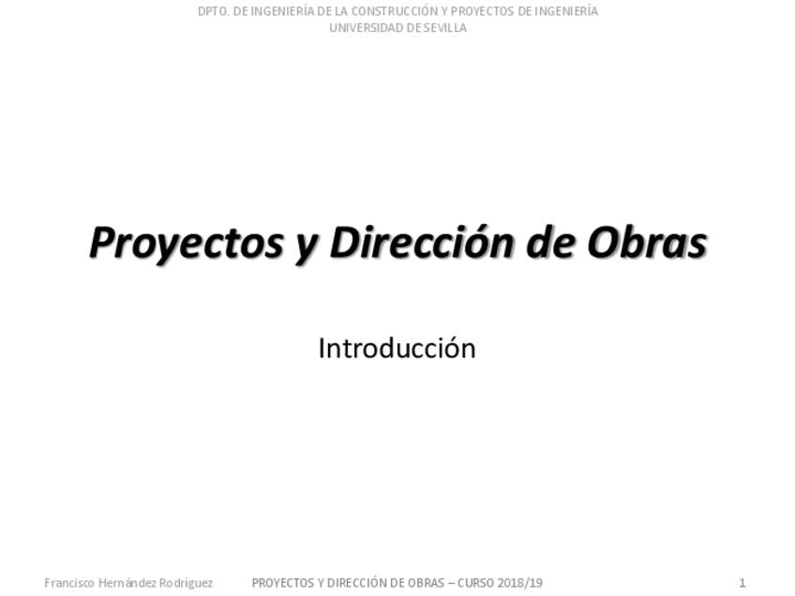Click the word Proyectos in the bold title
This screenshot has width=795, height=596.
pyautogui.click(x=186, y=244)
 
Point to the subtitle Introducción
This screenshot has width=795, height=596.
pyautogui.click(x=397, y=349)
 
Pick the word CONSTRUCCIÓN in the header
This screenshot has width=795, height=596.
pyautogui.click(x=392, y=11)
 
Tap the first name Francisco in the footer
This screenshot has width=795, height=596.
pyautogui.click(x=69, y=583)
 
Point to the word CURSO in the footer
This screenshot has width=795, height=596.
pyautogui.click(x=475, y=583)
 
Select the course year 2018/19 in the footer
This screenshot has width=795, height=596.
pyautogui.click(x=519, y=583)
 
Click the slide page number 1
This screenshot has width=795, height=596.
pyautogui.click(x=742, y=583)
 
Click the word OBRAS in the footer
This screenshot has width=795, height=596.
pyautogui.click(x=427, y=583)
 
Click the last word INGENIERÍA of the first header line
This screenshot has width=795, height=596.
pyautogui.click(x=566, y=11)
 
